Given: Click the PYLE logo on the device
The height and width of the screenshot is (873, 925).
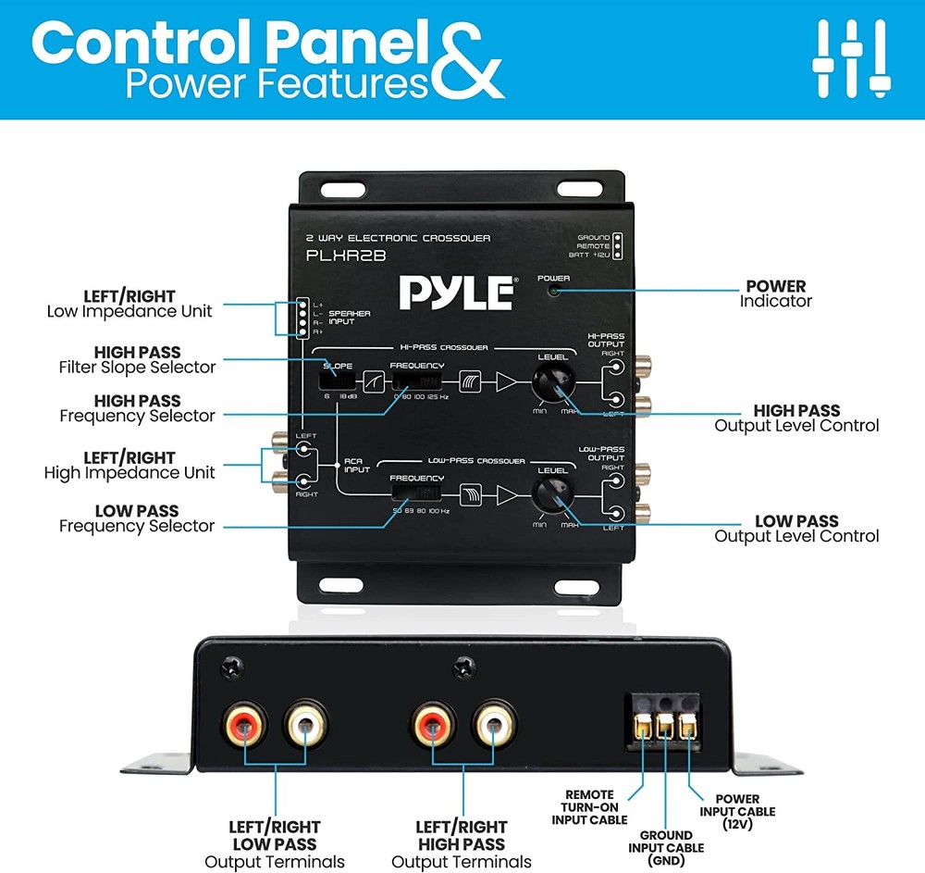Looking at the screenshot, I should pos(457,293).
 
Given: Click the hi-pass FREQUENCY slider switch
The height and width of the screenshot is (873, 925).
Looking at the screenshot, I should pos(413,380).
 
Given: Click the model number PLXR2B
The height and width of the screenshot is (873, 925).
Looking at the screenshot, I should pos(347,256).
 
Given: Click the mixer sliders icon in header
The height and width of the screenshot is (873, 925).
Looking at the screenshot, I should pos(850,56).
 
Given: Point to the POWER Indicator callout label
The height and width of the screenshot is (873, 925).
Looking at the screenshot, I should pos(776,293).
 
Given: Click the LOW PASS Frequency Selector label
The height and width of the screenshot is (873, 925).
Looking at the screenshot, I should pos(137,518).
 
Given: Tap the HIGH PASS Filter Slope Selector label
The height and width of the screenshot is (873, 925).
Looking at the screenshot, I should pos(137,359).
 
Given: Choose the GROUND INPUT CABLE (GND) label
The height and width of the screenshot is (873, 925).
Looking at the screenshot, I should pos(666,848).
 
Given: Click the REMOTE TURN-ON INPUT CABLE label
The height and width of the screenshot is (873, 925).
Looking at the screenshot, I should pos(589,807).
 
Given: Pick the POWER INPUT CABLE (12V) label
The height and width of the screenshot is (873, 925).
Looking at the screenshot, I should pos(737,812).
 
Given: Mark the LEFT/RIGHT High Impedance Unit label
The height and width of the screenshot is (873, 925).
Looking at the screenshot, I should pos(129,465).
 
